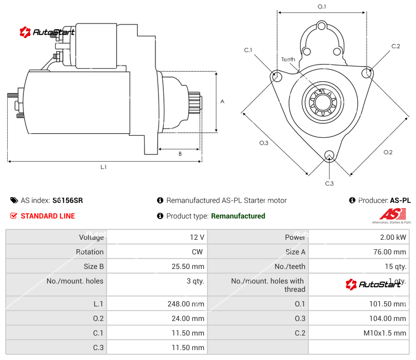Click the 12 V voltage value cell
[x=197, y=237]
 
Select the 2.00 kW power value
[x=393, y=237]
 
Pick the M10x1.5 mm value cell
[x=386, y=333]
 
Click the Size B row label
[x=93, y=266]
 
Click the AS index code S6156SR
[x=68, y=200]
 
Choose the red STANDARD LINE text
[x=47, y=216]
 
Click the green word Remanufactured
[x=238, y=216]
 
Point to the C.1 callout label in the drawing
[x=248, y=50]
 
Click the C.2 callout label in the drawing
[x=395, y=46]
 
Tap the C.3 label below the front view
[x=329, y=183]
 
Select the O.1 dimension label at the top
[x=322, y=7]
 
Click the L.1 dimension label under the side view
[x=103, y=167]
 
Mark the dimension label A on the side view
[x=222, y=101]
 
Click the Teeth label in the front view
[x=288, y=59]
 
